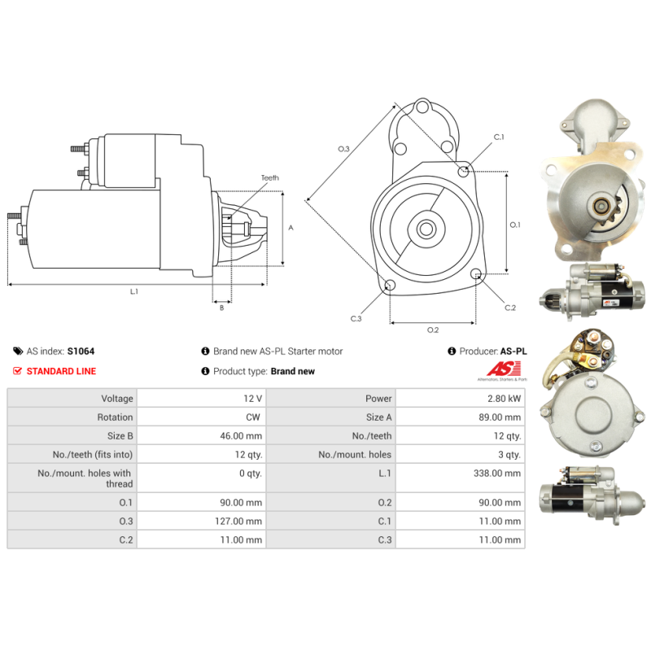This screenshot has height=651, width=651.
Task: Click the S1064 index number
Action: coord(81,352)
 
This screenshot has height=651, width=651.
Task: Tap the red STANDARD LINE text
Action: coord(61,371)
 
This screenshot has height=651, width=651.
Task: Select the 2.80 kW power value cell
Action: coord(461,398)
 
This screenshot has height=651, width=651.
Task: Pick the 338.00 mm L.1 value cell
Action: coord(461,478)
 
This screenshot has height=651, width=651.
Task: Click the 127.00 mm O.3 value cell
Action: coord(201,521)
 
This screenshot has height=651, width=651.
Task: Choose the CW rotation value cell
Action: coord(201,417)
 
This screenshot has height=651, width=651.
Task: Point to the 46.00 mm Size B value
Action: coord(241,436)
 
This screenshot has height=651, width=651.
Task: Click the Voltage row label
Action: coord(117,399)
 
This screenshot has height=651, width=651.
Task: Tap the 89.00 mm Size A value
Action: coord(500,417)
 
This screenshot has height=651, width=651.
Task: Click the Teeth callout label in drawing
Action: coord(270,177)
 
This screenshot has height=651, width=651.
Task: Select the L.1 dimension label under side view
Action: coord(134,291)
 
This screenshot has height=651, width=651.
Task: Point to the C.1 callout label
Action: coord(499,137)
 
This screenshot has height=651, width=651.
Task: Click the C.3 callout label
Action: coord(356,318)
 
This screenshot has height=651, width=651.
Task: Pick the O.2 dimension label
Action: coord(433,330)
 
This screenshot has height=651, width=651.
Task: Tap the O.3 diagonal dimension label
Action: coord(343,149)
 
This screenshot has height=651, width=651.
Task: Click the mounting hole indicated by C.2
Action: coord(476,273)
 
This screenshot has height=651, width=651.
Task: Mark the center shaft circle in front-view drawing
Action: coord(426,229)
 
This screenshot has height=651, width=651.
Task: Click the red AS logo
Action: coord(504,369)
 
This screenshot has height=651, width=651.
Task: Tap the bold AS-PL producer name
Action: coord(513,352)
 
